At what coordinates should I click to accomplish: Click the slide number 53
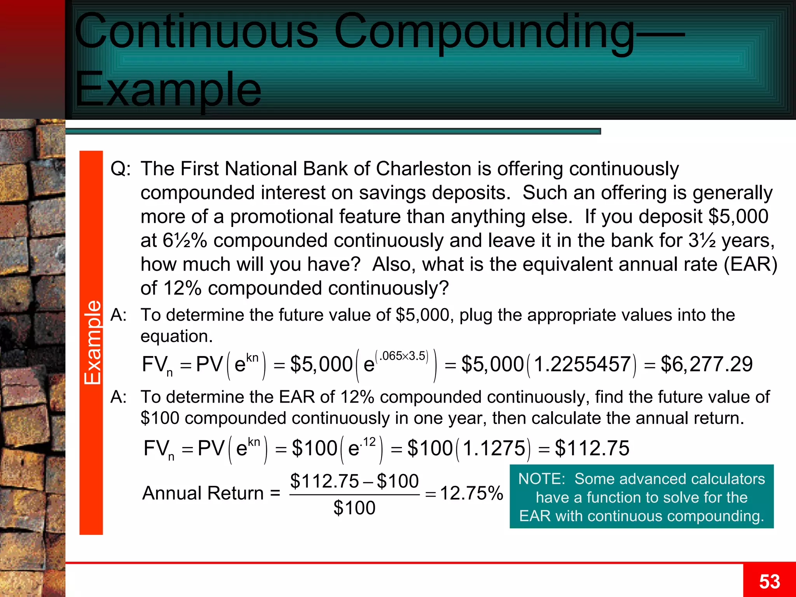(769, 581)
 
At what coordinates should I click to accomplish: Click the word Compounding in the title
(484, 33)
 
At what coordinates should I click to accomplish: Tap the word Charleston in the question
(424, 169)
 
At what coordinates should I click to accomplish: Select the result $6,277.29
(707, 364)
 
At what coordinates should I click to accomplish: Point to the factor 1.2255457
(582, 365)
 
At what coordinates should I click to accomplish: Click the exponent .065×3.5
(402, 356)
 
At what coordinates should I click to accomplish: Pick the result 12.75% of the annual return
(471, 493)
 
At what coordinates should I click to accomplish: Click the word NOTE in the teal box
(541, 479)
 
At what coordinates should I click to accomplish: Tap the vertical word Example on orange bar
(92, 342)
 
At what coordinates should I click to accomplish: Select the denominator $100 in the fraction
(354, 508)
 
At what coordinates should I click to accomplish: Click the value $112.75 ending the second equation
(592, 448)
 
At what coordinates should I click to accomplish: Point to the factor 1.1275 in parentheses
(494, 448)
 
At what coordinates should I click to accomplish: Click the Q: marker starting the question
(120, 169)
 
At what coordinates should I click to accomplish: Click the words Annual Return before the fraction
(203, 493)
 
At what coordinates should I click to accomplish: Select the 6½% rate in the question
(185, 241)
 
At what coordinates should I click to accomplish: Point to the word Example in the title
(168, 90)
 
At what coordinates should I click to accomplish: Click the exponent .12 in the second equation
(368, 442)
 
